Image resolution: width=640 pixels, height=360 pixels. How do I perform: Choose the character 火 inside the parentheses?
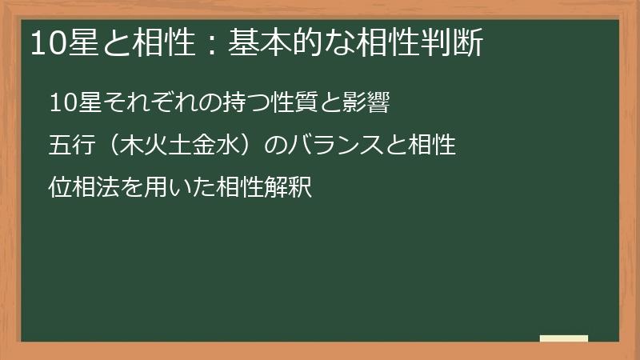point(158,146)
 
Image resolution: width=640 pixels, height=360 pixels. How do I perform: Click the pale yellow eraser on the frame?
point(564,338)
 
